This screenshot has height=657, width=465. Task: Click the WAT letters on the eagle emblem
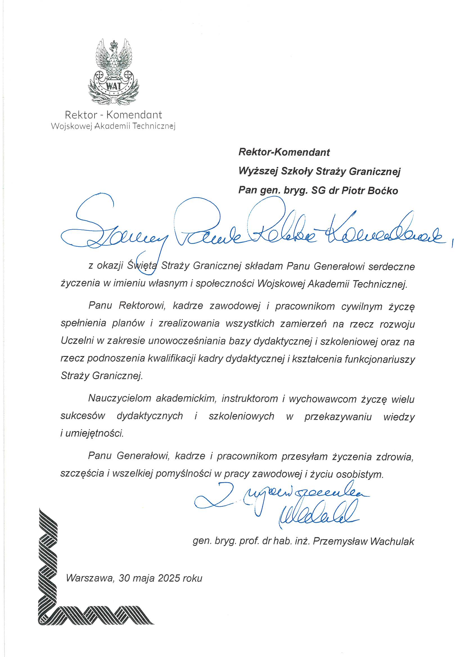coord(113,85)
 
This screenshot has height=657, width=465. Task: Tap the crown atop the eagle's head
coord(115,44)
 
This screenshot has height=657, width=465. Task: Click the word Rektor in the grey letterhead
coord(81,115)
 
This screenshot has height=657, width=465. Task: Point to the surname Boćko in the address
coord(383,191)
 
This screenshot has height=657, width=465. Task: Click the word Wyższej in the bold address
coord(258,171)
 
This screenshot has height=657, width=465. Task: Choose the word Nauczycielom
coord(120,398)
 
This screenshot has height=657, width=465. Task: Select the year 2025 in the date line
coord(169,578)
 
